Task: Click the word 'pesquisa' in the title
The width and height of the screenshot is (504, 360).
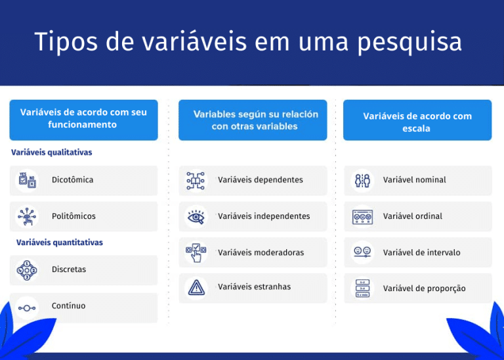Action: tap(409, 43)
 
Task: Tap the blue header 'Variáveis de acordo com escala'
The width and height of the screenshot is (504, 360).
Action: tap(417, 122)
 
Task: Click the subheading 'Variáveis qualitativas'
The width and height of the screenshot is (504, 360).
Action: tap(51, 152)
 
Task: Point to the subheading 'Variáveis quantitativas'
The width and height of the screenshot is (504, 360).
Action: tap(59, 243)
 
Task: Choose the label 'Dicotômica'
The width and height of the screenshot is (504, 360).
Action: tap(72, 180)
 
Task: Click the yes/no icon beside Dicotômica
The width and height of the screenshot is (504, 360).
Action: tap(27, 180)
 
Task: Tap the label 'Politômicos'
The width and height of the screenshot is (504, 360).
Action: tap(73, 216)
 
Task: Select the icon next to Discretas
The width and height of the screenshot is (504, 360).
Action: tap(27, 270)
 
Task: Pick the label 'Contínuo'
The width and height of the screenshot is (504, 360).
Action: tap(68, 306)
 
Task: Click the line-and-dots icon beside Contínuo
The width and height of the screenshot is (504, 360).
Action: tap(27, 307)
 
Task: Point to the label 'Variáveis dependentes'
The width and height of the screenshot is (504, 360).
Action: tap(260, 180)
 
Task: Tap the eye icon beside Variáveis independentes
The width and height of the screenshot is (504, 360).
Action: tap(196, 216)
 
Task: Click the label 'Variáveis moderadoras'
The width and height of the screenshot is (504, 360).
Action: tap(261, 252)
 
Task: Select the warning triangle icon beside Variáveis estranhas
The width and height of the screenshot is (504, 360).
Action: tap(196, 287)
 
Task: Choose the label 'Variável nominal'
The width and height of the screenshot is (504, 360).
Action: tap(414, 180)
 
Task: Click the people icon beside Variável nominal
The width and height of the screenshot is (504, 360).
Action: tap(362, 180)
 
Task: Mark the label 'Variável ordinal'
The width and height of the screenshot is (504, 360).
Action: tap(413, 216)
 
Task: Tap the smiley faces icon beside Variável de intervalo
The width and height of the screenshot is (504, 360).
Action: tap(362, 252)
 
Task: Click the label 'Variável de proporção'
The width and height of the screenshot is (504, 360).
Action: tap(424, 289)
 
